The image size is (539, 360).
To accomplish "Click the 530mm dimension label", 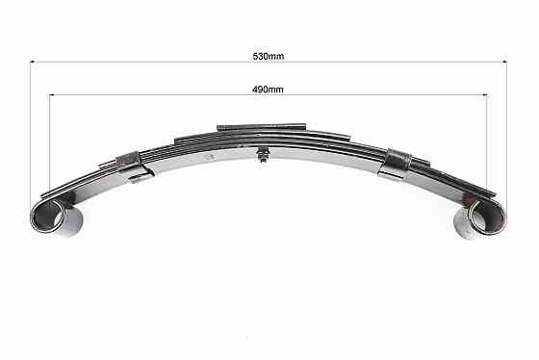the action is pyautogui.click(x=269, y=56).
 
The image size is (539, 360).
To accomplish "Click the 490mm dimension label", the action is pyautogui.click(x=268, y=90).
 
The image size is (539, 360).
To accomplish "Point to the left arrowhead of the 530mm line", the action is pyautogui.click(x=32, y=62).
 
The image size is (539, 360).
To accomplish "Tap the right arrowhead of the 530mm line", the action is pyautogui.click(x=505, y=62).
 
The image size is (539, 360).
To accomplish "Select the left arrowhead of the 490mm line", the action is pyautogui.click(x=52, y=95).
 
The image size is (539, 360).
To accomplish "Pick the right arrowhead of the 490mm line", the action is pyautogui.click(x=485, y=95).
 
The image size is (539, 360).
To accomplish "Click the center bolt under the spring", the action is pyautogui.click(x=263, y=154).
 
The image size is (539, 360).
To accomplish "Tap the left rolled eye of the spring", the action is pyautogui.click(x=47, y=216).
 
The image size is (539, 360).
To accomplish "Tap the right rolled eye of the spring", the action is pyautogui.click(x=487, y=217).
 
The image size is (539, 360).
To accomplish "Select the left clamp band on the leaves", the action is pyautogui.click(x=129, y=161).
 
